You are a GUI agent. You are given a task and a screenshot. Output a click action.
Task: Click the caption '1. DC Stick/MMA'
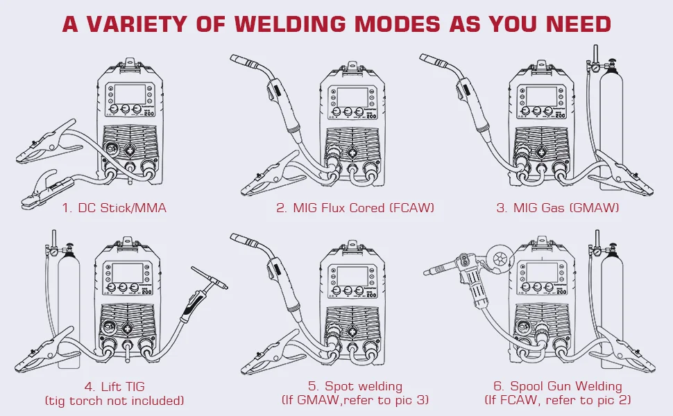coord(114,207)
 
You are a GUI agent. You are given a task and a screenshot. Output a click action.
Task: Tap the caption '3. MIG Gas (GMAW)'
coord(557,207)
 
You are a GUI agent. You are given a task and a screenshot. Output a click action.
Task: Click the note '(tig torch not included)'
coord(114,400)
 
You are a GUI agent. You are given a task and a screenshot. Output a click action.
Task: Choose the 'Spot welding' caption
coord(355,386)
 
